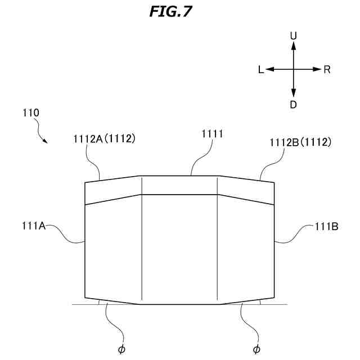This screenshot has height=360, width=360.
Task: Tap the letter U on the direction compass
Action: [293, 35]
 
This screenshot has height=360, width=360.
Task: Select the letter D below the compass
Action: [293, 104]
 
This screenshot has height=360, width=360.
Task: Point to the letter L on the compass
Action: [261, 70]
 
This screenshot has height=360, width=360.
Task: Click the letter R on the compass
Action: [327, 70]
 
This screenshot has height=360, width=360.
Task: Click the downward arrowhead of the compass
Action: [293, 93]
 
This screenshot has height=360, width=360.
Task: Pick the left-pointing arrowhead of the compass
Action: [269, 69]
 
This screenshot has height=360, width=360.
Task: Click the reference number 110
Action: [31, 112]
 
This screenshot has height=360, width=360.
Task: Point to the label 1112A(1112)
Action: [104, 138]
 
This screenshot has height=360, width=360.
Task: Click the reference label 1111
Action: [212, 134]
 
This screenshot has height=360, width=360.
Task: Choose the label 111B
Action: [326, 227]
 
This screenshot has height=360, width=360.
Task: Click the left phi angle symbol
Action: [121, 349]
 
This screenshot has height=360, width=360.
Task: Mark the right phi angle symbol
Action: [257, 349]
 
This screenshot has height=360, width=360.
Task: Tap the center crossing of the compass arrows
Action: [293, 69]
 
